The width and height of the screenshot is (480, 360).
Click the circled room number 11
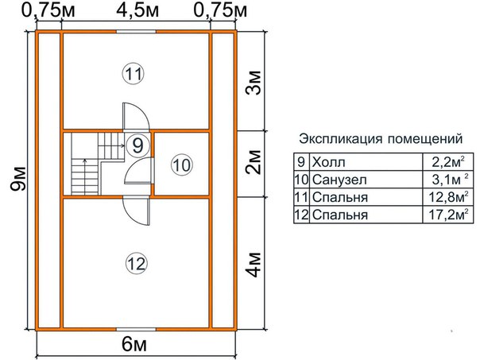(x=134, y=74)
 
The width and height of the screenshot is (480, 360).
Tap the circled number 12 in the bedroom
(x=137, y=264)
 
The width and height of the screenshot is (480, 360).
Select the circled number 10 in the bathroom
(x=182, y=165)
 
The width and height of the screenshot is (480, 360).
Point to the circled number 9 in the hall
(x=137, y=145)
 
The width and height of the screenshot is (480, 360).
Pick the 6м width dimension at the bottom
(x=134, y=345)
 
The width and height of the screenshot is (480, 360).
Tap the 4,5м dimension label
(x=137, y=11)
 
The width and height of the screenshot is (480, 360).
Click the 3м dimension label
(x=254, y=83)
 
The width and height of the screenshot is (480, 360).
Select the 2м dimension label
(x=254, y=162)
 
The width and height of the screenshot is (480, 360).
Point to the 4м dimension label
(x=254, y=265)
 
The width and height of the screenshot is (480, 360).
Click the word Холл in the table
(x=329, y=162)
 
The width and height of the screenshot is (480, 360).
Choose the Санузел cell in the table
(x=339, y=180)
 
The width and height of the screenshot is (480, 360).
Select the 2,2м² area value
(x=448, y=162)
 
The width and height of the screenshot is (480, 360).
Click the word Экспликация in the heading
(x=341, y=138)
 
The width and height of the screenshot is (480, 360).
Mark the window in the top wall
(x=136, y=31)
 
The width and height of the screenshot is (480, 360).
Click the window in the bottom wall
(x=136, y=329)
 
